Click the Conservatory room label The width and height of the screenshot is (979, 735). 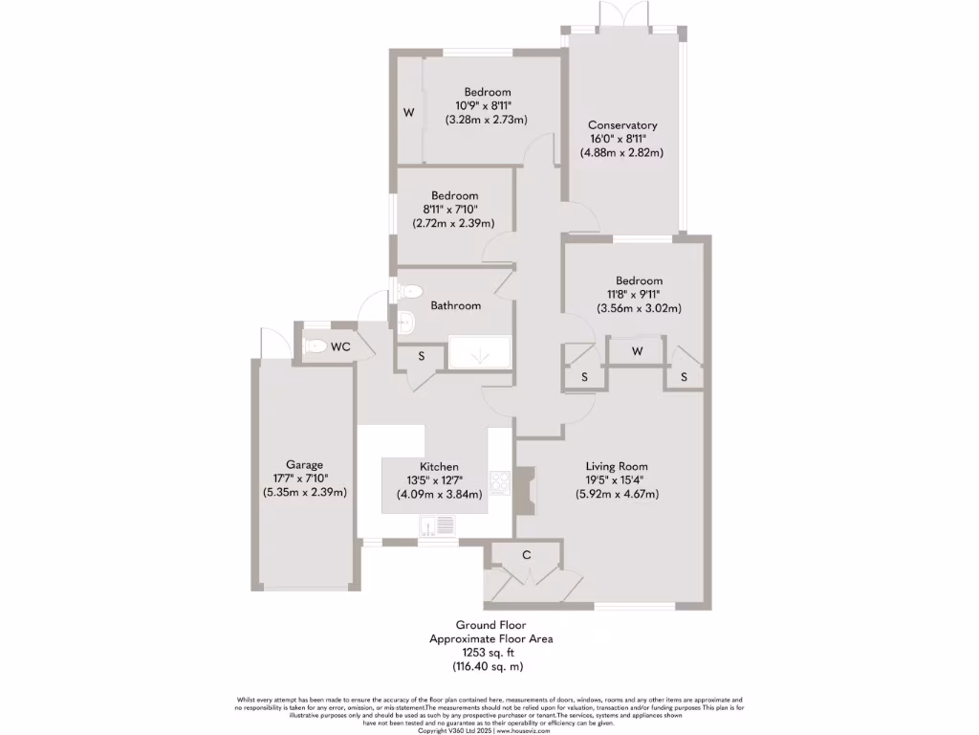(x=622, y=125)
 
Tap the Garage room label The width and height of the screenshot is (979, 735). (x=305, y=464)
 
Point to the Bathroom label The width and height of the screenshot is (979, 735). (x=455, y=305)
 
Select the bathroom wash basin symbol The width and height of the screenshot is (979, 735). (x=404, y=323)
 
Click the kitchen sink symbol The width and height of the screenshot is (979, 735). (x=439, y=525)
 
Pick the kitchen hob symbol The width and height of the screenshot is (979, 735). (x=499, y=481)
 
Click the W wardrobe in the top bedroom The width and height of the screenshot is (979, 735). (x=408, y=113)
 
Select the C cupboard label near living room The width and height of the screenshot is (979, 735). (x=526, y=555)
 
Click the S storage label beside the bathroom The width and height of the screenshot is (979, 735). (x=423, y=356)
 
